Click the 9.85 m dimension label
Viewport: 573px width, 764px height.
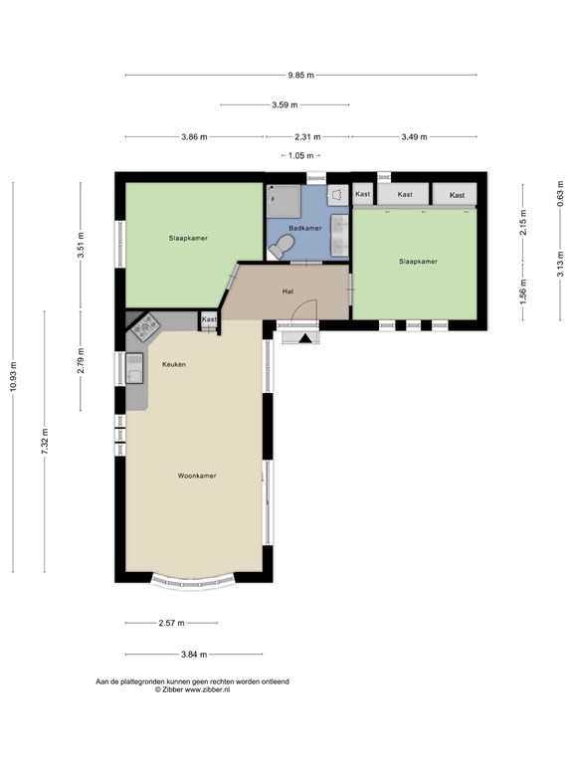click(x=300, y=75)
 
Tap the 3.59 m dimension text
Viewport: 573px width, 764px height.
click(x=285, y=104)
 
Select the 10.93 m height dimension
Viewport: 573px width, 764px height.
click(x=13, y=376)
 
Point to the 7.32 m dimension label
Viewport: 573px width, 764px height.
click(x=45, y=442)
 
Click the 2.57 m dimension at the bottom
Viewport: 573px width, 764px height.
click(x=171, y=623)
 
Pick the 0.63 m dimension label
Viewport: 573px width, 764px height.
click(x=560, y=194)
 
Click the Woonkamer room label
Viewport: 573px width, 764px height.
click(x=197, y=476)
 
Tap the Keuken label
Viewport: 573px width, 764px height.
click(x=174, y=364)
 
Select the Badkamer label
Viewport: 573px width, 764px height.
click(x=305, y=228)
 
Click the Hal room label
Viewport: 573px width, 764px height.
click(x=287, y=291)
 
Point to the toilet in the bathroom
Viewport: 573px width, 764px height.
click(x=283, y=246)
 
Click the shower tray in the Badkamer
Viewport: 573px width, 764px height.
click(x=284, y=202)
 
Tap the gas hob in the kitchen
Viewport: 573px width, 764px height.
click(x=144, y=326)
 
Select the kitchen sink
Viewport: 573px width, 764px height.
click(x=134, y=368)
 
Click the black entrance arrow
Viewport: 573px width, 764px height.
click(x=305, y=338)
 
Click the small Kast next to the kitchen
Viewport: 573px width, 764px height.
click(x=209, y=320)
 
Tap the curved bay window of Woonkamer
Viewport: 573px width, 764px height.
click(x=193, y=583)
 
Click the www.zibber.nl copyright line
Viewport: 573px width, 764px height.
click(x=192, y=689)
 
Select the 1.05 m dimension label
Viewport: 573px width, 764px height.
click(x=300, y=156)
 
